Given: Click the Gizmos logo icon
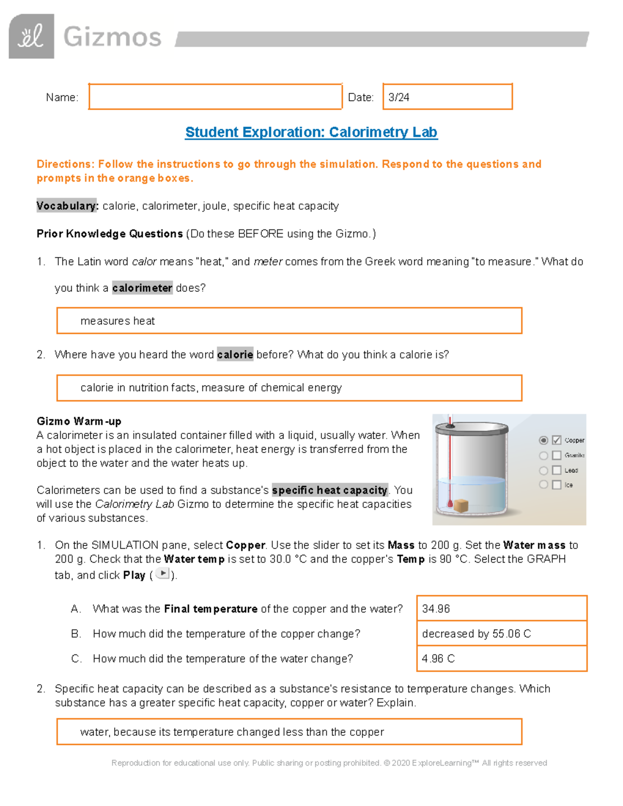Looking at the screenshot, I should coord(31,36).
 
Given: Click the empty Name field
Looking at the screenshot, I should coord(215,97).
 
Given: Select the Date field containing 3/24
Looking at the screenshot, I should coord(447,97).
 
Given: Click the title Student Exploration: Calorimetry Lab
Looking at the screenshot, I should coord(311,132).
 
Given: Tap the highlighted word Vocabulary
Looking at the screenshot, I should coord(67,206).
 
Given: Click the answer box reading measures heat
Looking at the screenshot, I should coord(289,321).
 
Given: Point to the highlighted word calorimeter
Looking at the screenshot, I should coord(142,288).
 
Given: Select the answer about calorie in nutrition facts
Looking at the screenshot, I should coord(289,388).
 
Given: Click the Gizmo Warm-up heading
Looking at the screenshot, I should coord(79,421).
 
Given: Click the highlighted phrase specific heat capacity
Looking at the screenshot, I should coord(330,490).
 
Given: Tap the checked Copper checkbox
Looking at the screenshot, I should coord(557,440).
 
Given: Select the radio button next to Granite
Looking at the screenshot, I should coord(544,455).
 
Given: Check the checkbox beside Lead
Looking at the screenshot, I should coord(557,470).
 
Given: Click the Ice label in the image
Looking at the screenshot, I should coord(569,485).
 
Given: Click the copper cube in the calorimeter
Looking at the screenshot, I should coord(461,505).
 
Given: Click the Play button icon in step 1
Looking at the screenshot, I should coord(162,573).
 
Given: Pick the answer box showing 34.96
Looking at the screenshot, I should coord(502,608).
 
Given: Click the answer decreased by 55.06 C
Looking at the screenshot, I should coord(502,633).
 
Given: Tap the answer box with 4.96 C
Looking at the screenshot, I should coord(502,658).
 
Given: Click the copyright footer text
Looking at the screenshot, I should coord(329,763).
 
